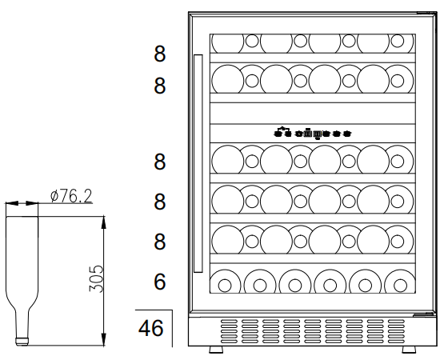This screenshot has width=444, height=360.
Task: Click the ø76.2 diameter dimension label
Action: [71, 196]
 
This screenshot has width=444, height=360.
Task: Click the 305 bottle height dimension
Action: [96, 278]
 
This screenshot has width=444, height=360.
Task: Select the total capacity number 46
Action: [151, 328]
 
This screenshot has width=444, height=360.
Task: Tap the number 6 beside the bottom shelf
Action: [160, 282]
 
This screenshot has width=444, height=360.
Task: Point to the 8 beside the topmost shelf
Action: [160, 54]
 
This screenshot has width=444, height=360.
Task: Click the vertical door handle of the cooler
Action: [198, 163]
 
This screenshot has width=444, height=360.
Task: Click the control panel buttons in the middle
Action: [313, 133]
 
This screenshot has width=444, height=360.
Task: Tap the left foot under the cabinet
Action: [216, 350]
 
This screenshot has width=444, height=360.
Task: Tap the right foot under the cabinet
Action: [409, 350]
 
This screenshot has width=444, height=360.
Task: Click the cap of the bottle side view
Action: [22, 342]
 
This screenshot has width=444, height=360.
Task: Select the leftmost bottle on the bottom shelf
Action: [225, 282]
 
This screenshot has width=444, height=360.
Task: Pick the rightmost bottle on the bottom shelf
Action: [400, 282]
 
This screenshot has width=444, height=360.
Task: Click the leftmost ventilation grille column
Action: [229, 331]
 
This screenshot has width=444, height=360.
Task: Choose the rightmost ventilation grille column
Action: [396, 331]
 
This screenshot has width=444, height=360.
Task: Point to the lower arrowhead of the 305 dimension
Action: [104, 339]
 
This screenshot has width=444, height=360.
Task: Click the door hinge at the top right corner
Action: [426, 13]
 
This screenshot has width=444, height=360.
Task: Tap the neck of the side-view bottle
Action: [22, 324]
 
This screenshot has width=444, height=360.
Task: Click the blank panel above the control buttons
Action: [313, 114]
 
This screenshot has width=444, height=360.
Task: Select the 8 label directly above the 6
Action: [160, 242]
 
